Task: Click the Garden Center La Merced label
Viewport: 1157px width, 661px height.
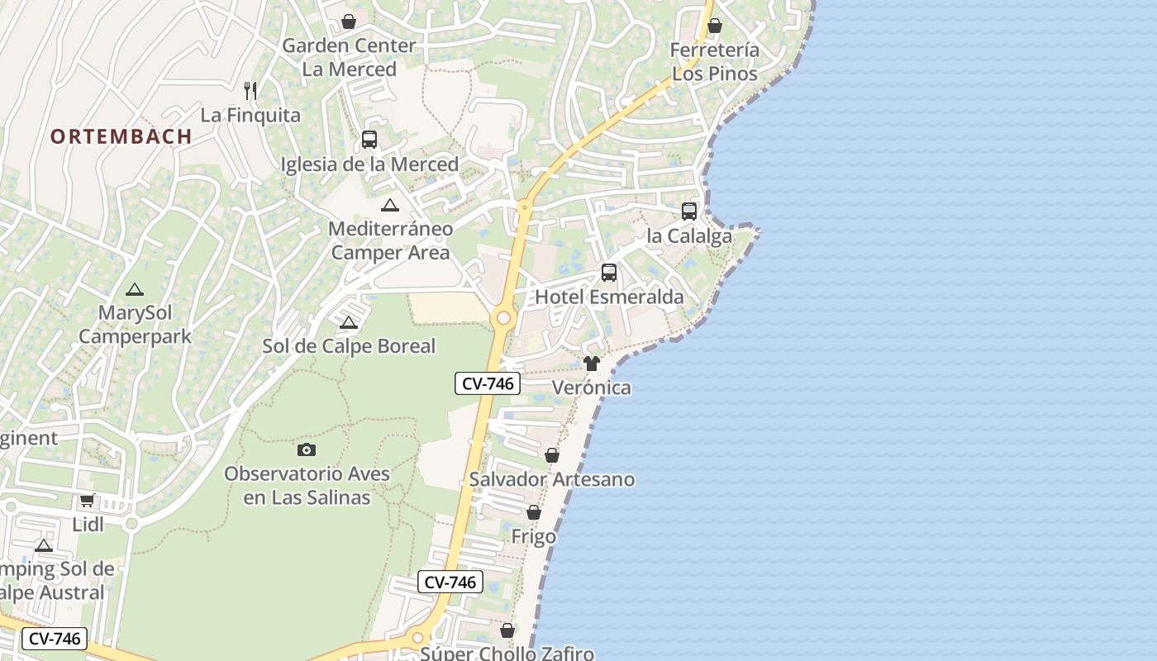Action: [x=348, y=57]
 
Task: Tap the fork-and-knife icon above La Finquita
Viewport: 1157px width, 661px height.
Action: [x=250, y=90]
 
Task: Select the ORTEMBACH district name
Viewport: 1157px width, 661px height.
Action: [x=121, y=136]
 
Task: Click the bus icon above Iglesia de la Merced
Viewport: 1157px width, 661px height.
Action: [x=369, y=140]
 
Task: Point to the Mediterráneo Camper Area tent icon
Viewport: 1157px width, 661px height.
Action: [x=390, y=206]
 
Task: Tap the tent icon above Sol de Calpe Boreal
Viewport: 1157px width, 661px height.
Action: [x=349, y=322]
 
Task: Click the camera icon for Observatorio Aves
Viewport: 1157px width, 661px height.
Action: [x=307, y=449]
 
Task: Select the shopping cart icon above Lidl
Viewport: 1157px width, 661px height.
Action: [x=88, y=500]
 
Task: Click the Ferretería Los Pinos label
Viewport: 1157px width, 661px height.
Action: [x=714, y=62]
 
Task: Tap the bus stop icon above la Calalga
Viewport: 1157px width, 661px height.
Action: [x=689, y=212]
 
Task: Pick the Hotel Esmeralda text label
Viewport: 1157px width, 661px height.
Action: [x=609, y=297]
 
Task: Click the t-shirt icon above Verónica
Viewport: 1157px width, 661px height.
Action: [x=591, y=364]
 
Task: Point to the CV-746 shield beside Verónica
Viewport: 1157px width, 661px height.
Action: [x=488, y=383]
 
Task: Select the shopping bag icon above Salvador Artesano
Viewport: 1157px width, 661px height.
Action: [x=552, y=455]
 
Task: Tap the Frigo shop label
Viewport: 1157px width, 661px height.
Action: [x=533, y=537]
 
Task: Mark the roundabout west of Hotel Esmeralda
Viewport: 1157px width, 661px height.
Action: [x=502, y=318]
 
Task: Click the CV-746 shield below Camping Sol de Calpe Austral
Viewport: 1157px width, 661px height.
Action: [x=55, y=638]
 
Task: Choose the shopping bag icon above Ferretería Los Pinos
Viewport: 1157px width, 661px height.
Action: [x=715, y=26]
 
